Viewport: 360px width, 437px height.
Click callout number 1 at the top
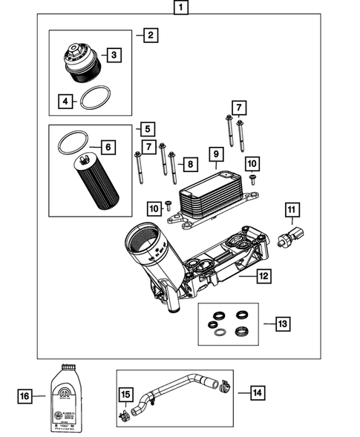tap(180, 9)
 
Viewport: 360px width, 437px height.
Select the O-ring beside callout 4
tap(93, 97)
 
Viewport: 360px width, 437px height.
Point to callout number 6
tap(108, 148)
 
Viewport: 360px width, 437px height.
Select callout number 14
tap(258, 392)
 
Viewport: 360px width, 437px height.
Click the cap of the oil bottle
tap(65, 367)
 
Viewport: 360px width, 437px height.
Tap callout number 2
tap(150, 35)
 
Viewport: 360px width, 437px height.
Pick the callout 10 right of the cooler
tap(252, 162)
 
